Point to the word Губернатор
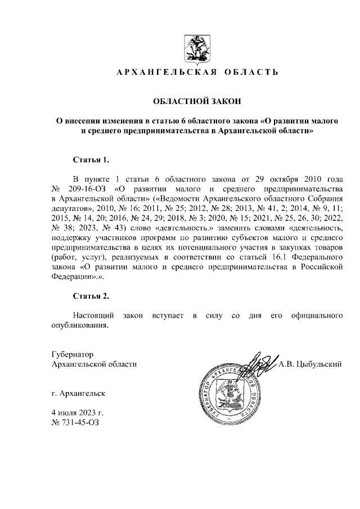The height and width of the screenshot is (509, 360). [x=71, y=354]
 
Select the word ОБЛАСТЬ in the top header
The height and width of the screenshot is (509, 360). [x=251, y=73]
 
